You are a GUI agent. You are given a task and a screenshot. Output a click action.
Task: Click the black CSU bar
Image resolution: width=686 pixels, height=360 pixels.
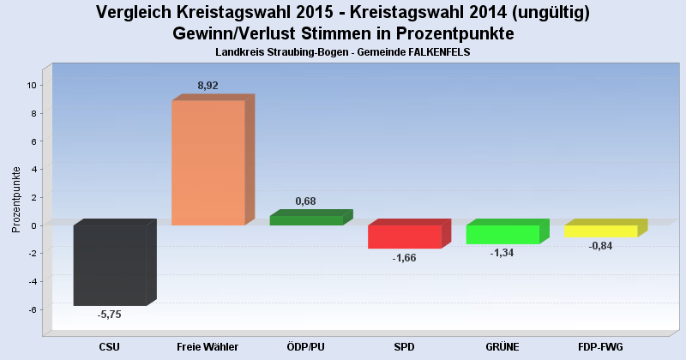pyautogui.click(x=109, y=265)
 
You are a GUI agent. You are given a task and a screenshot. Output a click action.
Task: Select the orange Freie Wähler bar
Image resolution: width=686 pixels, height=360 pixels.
pyautogui.click(x=208, y=163)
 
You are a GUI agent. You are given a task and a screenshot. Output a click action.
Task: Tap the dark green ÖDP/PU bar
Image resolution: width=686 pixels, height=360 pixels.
pyautogui.click(x=306, y=220)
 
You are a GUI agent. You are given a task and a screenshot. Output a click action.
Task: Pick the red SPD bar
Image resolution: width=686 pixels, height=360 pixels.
pyautogui.click(x=404, y=237)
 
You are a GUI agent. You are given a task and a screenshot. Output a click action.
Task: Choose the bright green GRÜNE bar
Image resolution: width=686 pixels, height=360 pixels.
pyautogui.click(x=502, y=234)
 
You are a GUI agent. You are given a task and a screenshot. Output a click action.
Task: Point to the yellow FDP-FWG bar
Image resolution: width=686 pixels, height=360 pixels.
pyautogui.click(x=600, y=231)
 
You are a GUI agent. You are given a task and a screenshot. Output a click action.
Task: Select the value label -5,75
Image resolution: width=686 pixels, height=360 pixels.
pyautogui.click(x=110, y=315)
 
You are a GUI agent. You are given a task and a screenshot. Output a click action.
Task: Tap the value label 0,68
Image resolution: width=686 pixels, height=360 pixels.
pyautogui.click(x=306, y=201)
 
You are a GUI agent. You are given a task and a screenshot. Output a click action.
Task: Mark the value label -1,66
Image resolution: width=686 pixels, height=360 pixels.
pyautogui.click(x=404, y=257)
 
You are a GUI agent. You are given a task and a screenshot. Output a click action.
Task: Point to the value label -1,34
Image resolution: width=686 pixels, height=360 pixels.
pyautogui.click(x=502, y=253)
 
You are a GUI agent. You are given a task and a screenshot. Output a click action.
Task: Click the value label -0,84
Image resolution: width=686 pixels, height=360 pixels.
pyautogui.click(x=600, y=246)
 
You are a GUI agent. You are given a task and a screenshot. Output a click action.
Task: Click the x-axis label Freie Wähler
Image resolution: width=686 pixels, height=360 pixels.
pyautogui.click(x=208, y=346)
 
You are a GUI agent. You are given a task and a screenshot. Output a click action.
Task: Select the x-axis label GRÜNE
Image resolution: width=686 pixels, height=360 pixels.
pyautogui.click(x=502, y=346)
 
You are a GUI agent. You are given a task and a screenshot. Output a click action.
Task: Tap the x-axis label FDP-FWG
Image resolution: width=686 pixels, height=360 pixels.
pyautogui.click(x=600, y=346)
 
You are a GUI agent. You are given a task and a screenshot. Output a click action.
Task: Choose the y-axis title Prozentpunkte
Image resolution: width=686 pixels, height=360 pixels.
pyautogui.click(x=16, y=199)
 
